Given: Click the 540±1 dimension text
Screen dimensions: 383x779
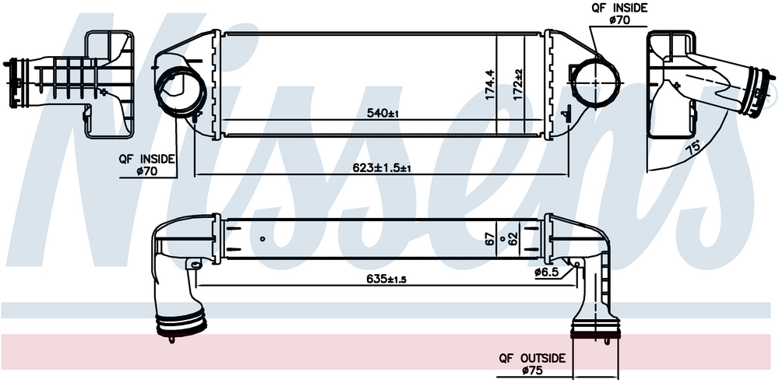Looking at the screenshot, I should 383,114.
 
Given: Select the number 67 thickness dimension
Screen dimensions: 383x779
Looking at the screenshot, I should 490,238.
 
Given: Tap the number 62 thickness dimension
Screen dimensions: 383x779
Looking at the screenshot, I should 514,238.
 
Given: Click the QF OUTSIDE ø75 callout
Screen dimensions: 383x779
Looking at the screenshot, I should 532,364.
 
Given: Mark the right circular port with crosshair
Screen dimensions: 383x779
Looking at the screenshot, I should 597,80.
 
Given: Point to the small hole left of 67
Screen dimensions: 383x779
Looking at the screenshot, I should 263,239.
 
